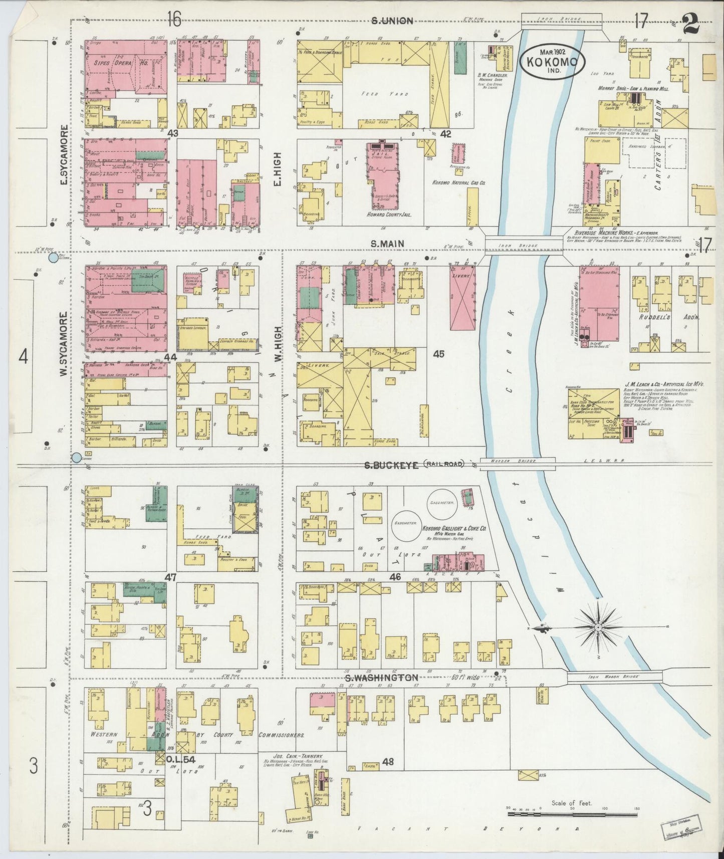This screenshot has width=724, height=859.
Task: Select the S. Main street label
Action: click(387, 244)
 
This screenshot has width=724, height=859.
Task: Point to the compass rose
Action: click(598, 627)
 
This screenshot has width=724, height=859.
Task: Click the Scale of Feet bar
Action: click(571, 814)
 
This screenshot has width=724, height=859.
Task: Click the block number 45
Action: click(439, 354)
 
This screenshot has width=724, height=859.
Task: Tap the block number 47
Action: click(171, 577)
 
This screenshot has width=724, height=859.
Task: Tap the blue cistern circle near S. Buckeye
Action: click(77, 457)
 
